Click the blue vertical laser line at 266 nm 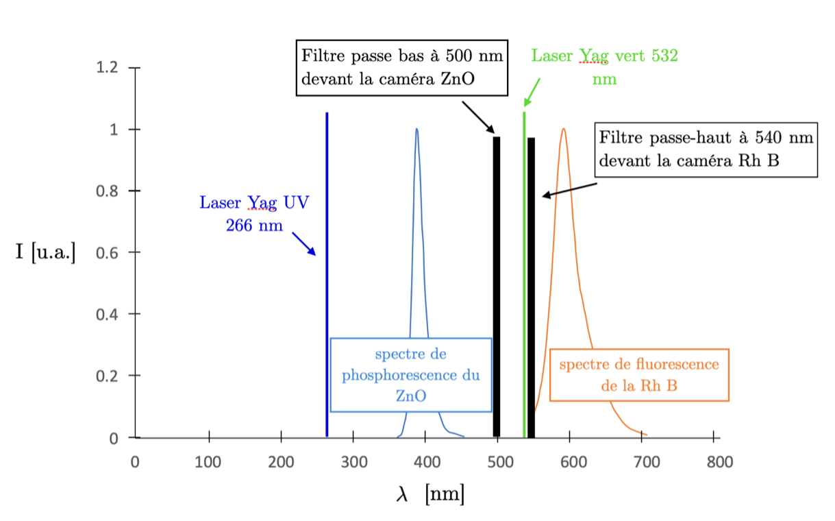[x=327, y=274]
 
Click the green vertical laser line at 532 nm [x=524, y=274]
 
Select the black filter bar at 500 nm [x=497, y=288]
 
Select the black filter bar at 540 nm [x=531, y=288]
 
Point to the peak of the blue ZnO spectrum [x=416, y=130]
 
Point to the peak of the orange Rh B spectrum [x=563, y=130]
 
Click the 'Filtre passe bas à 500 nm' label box [x=402, y=67]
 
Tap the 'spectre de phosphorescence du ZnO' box [x=411, y=375]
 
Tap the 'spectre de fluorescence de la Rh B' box [x=639, y=375]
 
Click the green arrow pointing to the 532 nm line [x=532, y=92]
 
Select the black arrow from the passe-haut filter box [x=569, y=190]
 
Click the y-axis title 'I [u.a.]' [x=46, y=252]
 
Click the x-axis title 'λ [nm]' [x=430, y=494]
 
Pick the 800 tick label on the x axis [x=719, y=462]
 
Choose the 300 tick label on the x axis [x=353, y=462]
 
